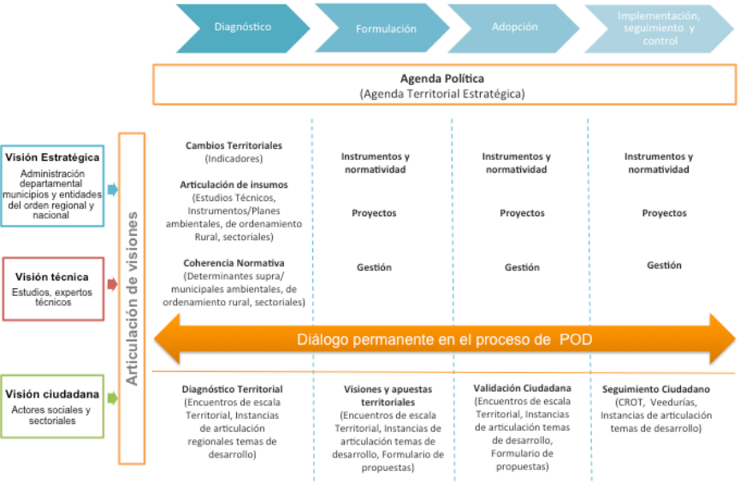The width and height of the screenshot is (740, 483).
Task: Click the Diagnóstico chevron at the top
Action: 243,27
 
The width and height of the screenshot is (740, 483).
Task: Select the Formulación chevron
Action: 386,28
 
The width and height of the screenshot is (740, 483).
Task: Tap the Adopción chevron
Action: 515,27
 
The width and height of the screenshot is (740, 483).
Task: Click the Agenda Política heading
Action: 442,79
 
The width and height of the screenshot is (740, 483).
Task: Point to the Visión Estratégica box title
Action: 53,157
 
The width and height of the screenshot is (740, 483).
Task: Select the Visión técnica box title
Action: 52,277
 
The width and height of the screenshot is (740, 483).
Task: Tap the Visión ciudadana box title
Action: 53,394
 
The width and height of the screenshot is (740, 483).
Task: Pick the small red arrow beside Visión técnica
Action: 112,283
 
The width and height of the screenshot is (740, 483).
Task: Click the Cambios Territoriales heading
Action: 234,145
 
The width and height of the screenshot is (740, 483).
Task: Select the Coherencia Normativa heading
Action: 234,262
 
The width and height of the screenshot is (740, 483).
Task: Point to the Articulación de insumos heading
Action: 234,185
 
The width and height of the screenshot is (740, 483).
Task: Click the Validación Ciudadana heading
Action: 522,388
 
